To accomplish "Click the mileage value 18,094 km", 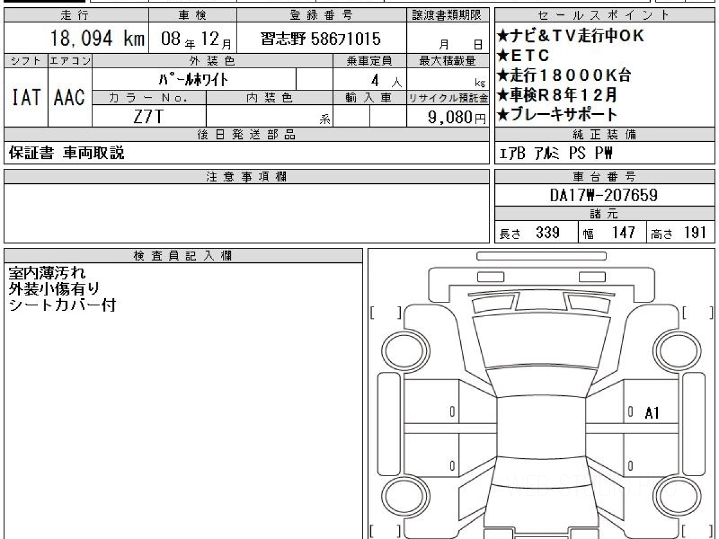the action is point(97,38).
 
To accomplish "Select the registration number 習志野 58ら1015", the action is point(321,39).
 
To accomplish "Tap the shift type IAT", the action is point(26,97).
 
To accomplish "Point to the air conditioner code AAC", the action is point(70,97).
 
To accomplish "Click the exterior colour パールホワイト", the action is point(194,80).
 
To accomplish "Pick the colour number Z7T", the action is point(149,116).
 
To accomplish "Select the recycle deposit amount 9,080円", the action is point(457,117).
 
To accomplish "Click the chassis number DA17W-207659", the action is point(604,195).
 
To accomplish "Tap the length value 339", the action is point(548,233).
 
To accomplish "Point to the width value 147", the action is point(624,233).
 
